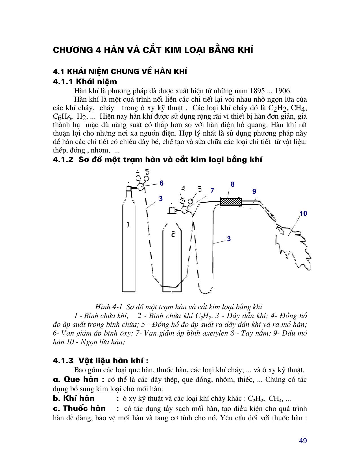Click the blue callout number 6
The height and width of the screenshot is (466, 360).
click(162, 183)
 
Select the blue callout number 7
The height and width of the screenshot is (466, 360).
click(212, 191)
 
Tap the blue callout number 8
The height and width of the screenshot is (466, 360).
click(233, 184)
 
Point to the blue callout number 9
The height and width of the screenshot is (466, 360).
click(254, 191)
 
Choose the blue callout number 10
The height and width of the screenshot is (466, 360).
click(303, 214)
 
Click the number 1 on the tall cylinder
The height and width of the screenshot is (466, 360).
click(128, 225)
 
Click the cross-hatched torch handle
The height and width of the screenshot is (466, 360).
click(231, 202)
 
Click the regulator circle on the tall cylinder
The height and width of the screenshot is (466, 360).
click(141, 187)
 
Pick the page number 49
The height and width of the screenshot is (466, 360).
click(303, 441)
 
